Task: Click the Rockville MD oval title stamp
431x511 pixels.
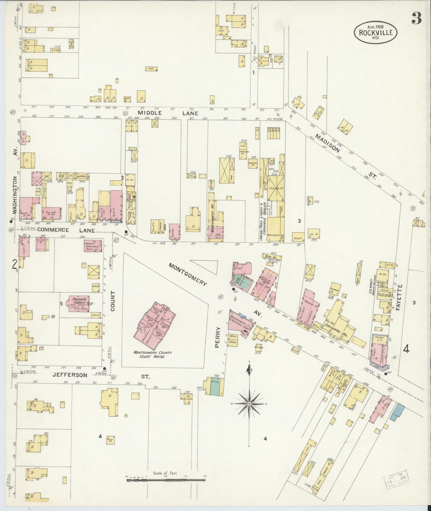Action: click(375, 32)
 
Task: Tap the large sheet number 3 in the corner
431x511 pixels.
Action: click(417, 18)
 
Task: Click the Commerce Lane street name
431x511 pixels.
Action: click(66, 230)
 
